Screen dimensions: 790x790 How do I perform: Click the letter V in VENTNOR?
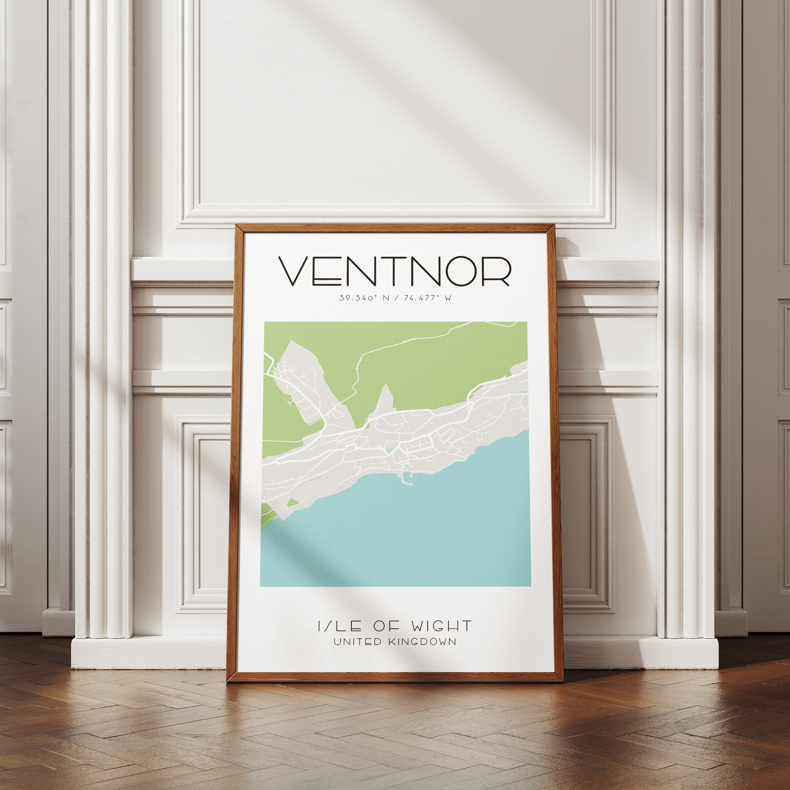click(294, 271)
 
